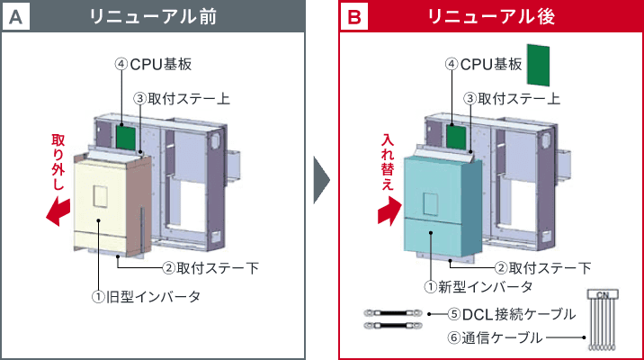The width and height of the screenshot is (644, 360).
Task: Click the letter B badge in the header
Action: coord(354,17)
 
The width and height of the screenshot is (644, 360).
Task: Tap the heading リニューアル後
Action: coord(491,17)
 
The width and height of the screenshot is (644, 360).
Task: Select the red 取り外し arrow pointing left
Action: coord(58,212)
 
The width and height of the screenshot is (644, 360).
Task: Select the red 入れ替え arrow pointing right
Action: coord(389,213)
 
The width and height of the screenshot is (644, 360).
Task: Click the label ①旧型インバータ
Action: coord(145,296)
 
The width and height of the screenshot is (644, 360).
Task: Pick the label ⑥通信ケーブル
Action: coord(495,338)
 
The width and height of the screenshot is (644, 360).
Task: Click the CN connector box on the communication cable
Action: coord(603,294)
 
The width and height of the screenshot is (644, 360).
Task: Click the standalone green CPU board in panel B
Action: coord(538,66)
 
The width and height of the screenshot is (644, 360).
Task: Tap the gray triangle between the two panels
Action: coord(321,181)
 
